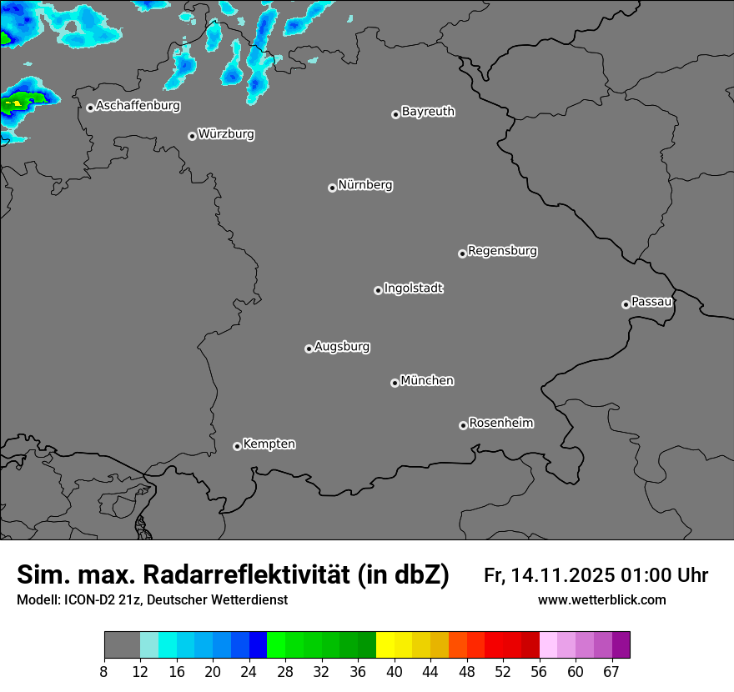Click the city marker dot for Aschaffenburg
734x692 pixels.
[x=90, y=108]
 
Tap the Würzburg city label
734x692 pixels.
[x=226, y=134]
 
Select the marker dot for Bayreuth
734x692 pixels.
[x=395, y=114]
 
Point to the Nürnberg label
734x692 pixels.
[x=364, y=185]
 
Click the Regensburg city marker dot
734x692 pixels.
[x=462, y=253]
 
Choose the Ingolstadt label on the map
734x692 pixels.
[x=413, y=288]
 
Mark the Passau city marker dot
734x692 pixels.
[x=626, y=304]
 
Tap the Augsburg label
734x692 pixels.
[x=342, y=347]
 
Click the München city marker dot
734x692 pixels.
[x=395, y=384]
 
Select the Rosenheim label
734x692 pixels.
[x=500, y=423]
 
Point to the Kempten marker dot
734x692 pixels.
[x=237, y=446]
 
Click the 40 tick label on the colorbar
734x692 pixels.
[x=394, y=672]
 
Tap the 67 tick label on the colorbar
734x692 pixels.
[x=611, y=672]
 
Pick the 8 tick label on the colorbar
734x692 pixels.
[x=104, y=672]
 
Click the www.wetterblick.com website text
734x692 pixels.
[x=602, y=600]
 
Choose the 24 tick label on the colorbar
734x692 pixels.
[x=249, y=672]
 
